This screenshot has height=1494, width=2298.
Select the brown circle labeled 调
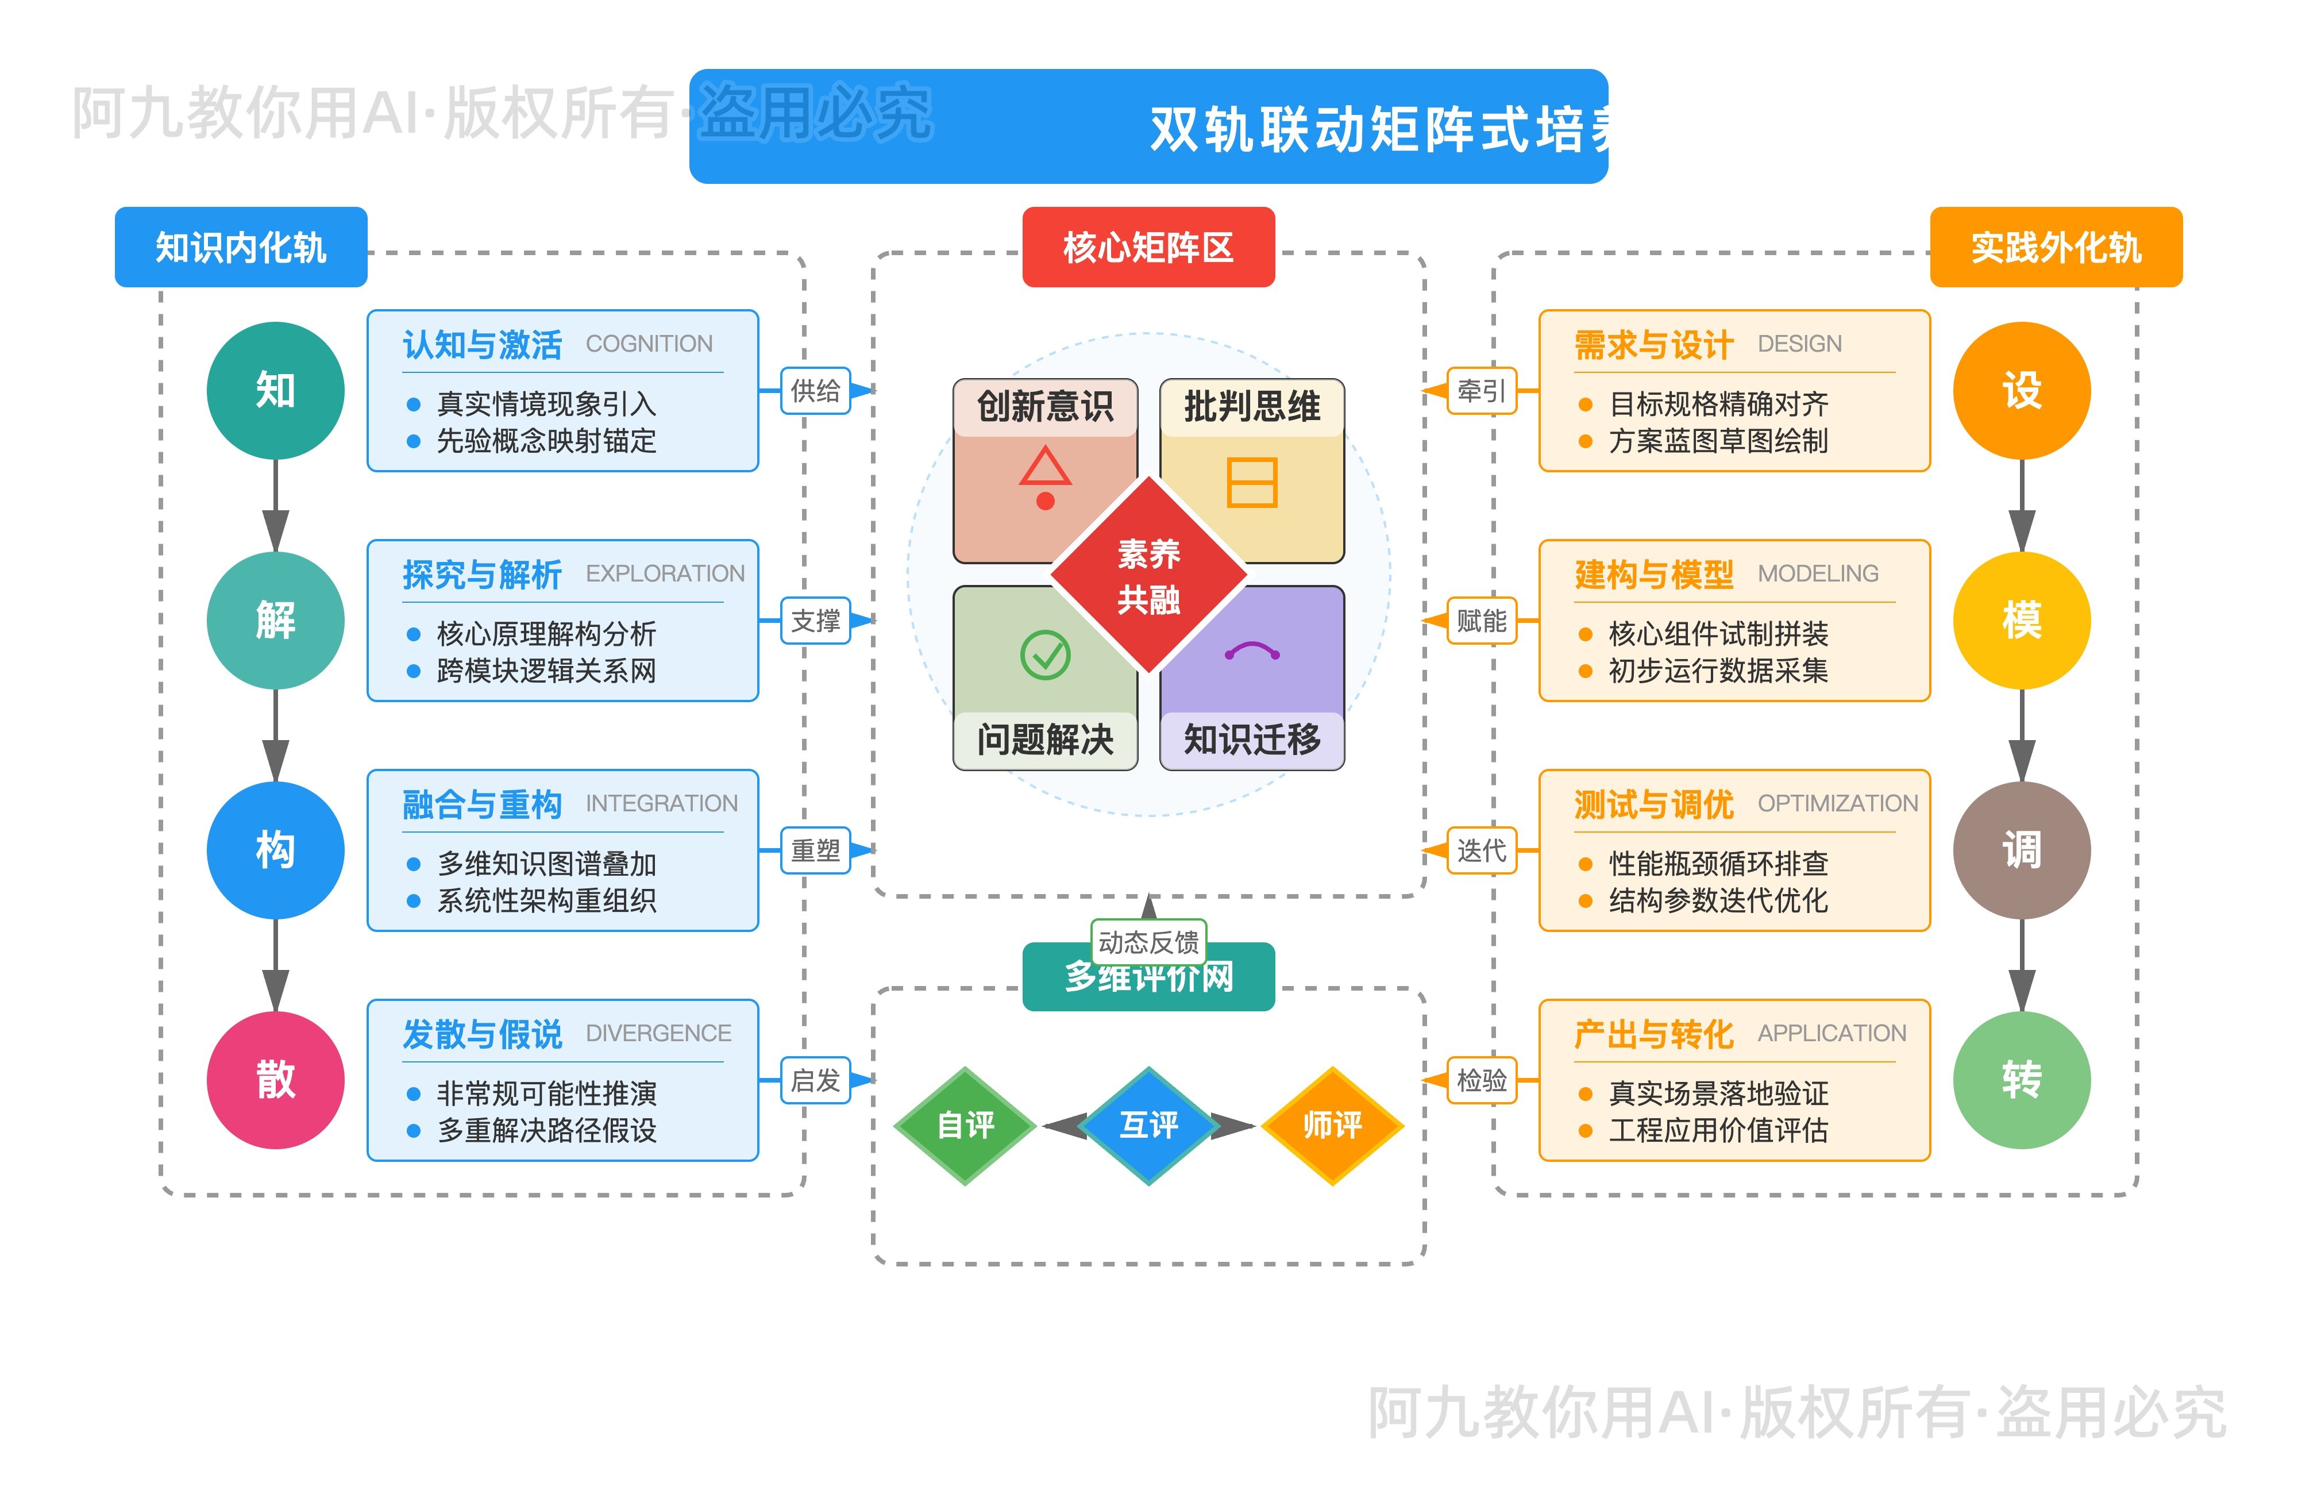(2021, 850)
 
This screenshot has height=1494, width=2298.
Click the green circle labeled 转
(2021, 1080)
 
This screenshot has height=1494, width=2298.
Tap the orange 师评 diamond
(1332, 1125)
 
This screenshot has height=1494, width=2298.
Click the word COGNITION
(649, 344)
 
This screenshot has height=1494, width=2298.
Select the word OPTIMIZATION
(1837, 803)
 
